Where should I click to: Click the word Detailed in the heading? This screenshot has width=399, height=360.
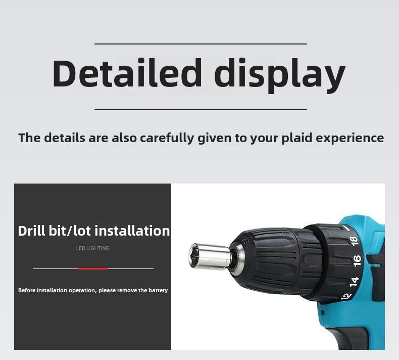tap(127, 73)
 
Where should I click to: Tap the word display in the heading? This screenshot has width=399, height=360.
tap(280, 76)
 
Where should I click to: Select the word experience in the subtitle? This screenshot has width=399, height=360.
tap(350, 139)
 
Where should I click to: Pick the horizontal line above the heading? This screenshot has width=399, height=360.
tap(201, 44)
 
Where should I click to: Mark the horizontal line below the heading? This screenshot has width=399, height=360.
tap(201, 110)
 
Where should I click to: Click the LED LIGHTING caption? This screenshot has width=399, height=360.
tap(92, 248)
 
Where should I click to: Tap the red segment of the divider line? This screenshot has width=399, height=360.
tap(93, 268)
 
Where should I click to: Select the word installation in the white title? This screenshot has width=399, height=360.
tap(132, 231)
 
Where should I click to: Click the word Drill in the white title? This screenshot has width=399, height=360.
tap(32, 231)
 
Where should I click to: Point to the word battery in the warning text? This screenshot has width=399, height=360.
tap(158, 290)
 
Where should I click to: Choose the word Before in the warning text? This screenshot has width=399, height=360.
tap(27, 290)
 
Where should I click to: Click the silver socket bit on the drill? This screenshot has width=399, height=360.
tap(211, 255)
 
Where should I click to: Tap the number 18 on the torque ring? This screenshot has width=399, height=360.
tap(354, 241)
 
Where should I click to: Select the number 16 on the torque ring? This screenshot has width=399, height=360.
tap(357, 260)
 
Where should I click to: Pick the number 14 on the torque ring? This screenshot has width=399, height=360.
tap(354, 281)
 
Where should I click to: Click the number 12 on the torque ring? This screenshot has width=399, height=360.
tap(346, 296)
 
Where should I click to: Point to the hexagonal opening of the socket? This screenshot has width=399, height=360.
tap(193, 255)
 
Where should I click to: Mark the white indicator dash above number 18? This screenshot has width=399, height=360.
tap(346, 228)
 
